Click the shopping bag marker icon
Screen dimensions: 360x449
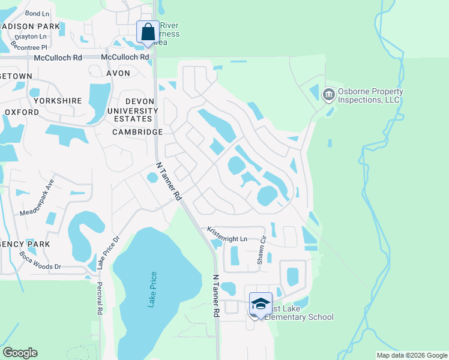[148, 32]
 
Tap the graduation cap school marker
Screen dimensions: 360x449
[261, 304]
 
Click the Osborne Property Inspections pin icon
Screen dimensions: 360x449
[328, 94]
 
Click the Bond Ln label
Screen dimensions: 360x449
[37, 13]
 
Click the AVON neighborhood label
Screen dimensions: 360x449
[118, 73]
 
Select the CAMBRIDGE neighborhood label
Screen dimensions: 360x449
[137, 132]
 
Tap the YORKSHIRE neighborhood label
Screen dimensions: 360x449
[58, 101]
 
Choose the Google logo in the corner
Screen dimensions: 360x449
[20, 353]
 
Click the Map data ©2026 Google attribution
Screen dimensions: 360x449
[412, 355]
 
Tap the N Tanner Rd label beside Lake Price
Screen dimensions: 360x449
[215, 296]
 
